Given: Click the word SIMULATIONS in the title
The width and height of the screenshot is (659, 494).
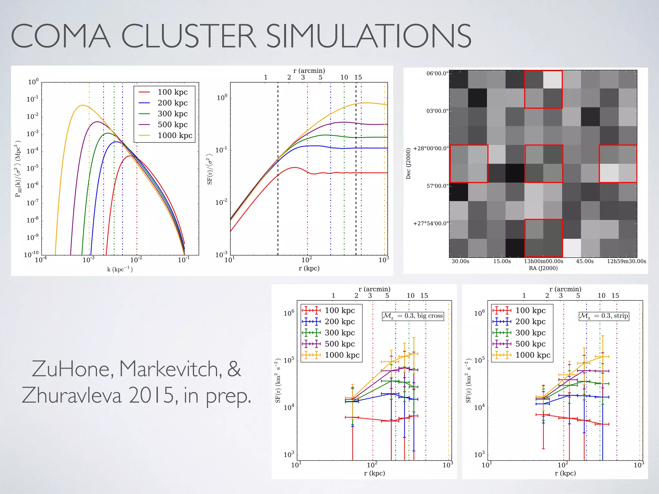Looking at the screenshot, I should (x=368, y=36).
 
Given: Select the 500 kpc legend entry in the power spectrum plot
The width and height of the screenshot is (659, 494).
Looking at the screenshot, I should (x=172, y=125).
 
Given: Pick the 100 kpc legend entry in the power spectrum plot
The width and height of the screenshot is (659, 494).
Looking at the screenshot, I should (x=172, y=92).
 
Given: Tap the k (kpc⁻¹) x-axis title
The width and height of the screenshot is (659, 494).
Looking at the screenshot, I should (x=120, y=269).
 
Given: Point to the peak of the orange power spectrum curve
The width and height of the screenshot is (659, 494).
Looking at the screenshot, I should (x=83, y=105).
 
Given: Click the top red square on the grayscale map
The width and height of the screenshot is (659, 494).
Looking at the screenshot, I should (x=543, y=89).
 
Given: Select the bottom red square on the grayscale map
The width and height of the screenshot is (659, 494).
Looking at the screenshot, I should (x=543, y=238).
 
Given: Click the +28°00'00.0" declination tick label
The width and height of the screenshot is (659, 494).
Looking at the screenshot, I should (x=431, y=149).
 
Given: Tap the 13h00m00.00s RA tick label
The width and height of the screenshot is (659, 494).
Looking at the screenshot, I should (x=543, y=261).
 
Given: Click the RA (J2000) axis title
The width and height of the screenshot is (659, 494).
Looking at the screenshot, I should (x=543, y=268).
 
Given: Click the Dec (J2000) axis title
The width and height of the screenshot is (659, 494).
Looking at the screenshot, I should (x=408, y=163).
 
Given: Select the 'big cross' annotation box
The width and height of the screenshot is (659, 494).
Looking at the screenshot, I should (x=413, y=316).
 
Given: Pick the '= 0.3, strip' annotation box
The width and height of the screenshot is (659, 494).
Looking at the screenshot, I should (x=604, y=316).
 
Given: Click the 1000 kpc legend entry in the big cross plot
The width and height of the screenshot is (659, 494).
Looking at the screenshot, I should (x=342, y=355).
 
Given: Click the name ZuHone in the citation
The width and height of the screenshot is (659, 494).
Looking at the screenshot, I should (x=72, y=369).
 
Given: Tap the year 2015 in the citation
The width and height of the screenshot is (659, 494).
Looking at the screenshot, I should (x=153, y=396).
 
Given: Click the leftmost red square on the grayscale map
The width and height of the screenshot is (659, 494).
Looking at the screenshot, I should (x=469, y=164).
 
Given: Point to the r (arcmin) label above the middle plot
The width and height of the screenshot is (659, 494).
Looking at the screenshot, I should (x=309, y=71).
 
